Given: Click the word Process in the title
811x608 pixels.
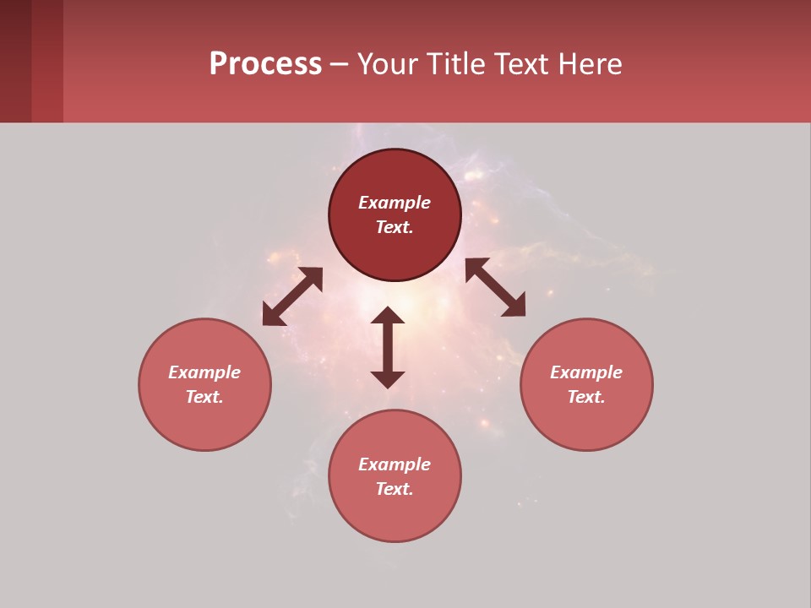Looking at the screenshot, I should (x=265, y=64).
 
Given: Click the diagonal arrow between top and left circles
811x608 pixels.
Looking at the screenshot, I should (x=292, y=296).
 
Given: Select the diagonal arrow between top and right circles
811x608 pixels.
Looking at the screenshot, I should (x=495, y=288).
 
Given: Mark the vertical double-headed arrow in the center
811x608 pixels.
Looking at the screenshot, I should (x=388, y=347).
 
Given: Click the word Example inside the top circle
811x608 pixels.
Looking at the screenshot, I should (x=395, y=203).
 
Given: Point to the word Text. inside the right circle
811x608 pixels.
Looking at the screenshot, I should (x=585, y=397).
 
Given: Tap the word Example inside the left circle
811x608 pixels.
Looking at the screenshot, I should (x=204, y=372).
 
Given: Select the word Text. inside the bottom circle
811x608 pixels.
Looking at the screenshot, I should (x=395, y=489).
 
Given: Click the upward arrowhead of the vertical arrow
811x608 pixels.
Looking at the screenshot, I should (x=388, y=315).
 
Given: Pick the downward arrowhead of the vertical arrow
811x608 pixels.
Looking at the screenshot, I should (x=388, y=379).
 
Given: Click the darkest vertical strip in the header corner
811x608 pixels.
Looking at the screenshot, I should (x=15, y=61).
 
